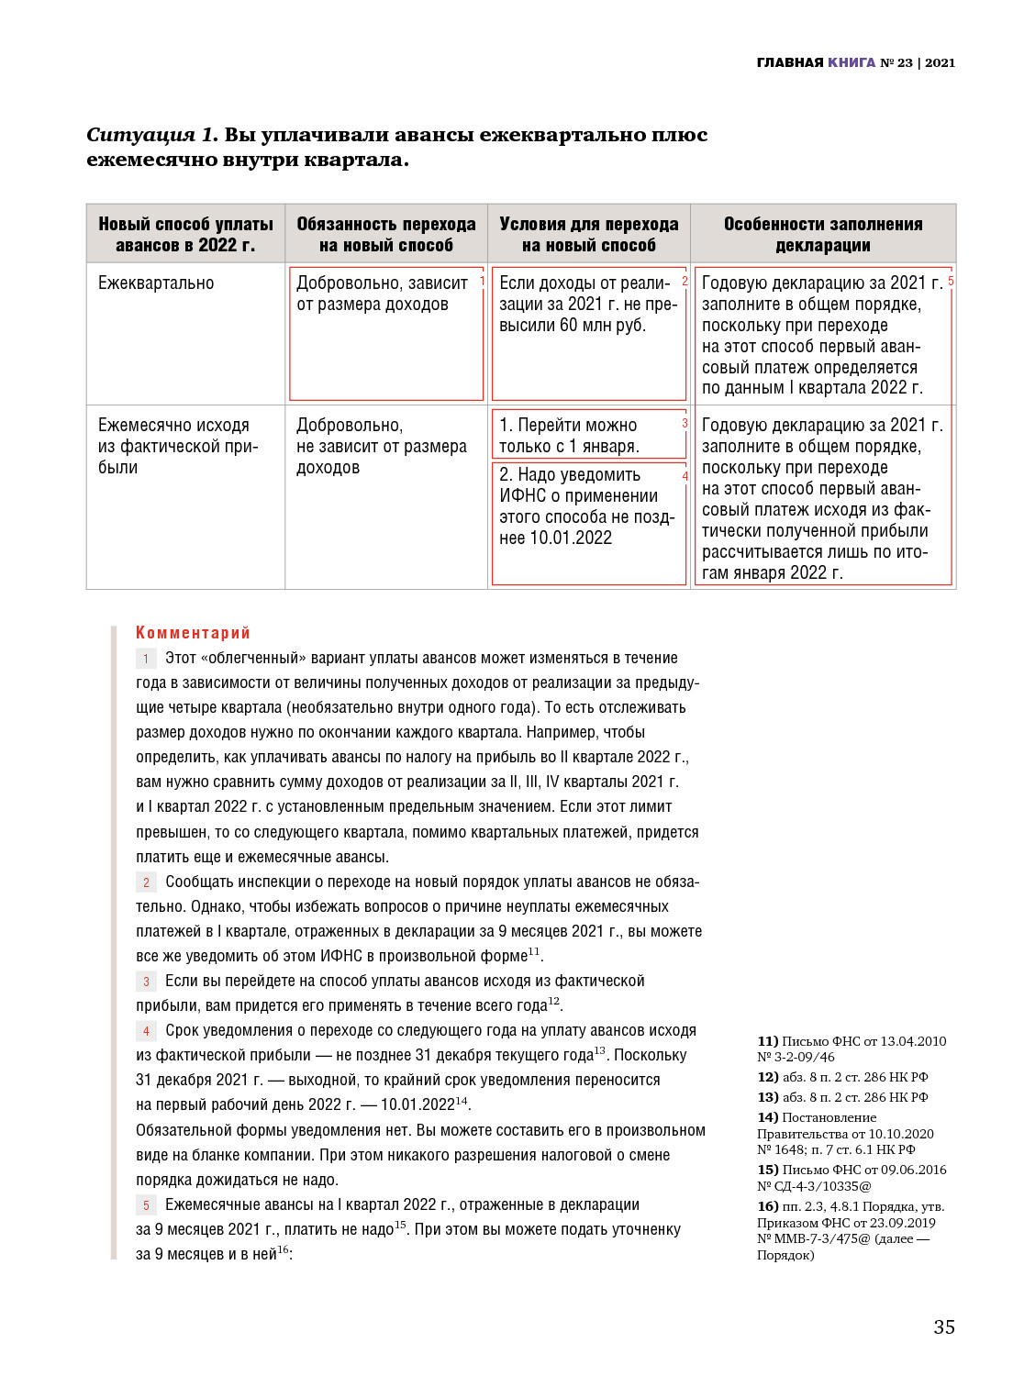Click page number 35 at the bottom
point(943,1326)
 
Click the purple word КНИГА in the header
point(852,62)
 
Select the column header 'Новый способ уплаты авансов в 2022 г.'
point(185,234)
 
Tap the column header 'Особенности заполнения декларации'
point(822,234)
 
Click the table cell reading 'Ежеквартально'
point(156,283)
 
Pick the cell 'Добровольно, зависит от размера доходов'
point(382,294)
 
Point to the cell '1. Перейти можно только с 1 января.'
point(569,436)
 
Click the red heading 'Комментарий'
point(193,632)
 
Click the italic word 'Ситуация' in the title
point(140,135)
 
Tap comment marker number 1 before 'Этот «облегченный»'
point(146,659)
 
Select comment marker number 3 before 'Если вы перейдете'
point(146,982)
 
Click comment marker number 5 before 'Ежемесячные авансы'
point(146,1205)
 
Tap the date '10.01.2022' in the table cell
point(571,538)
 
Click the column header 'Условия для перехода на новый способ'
point(588,234)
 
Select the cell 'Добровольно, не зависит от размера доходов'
point(382,447)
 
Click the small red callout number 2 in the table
point(685,281)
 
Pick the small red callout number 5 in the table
point(951,281)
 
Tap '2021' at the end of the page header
point(940,62)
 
